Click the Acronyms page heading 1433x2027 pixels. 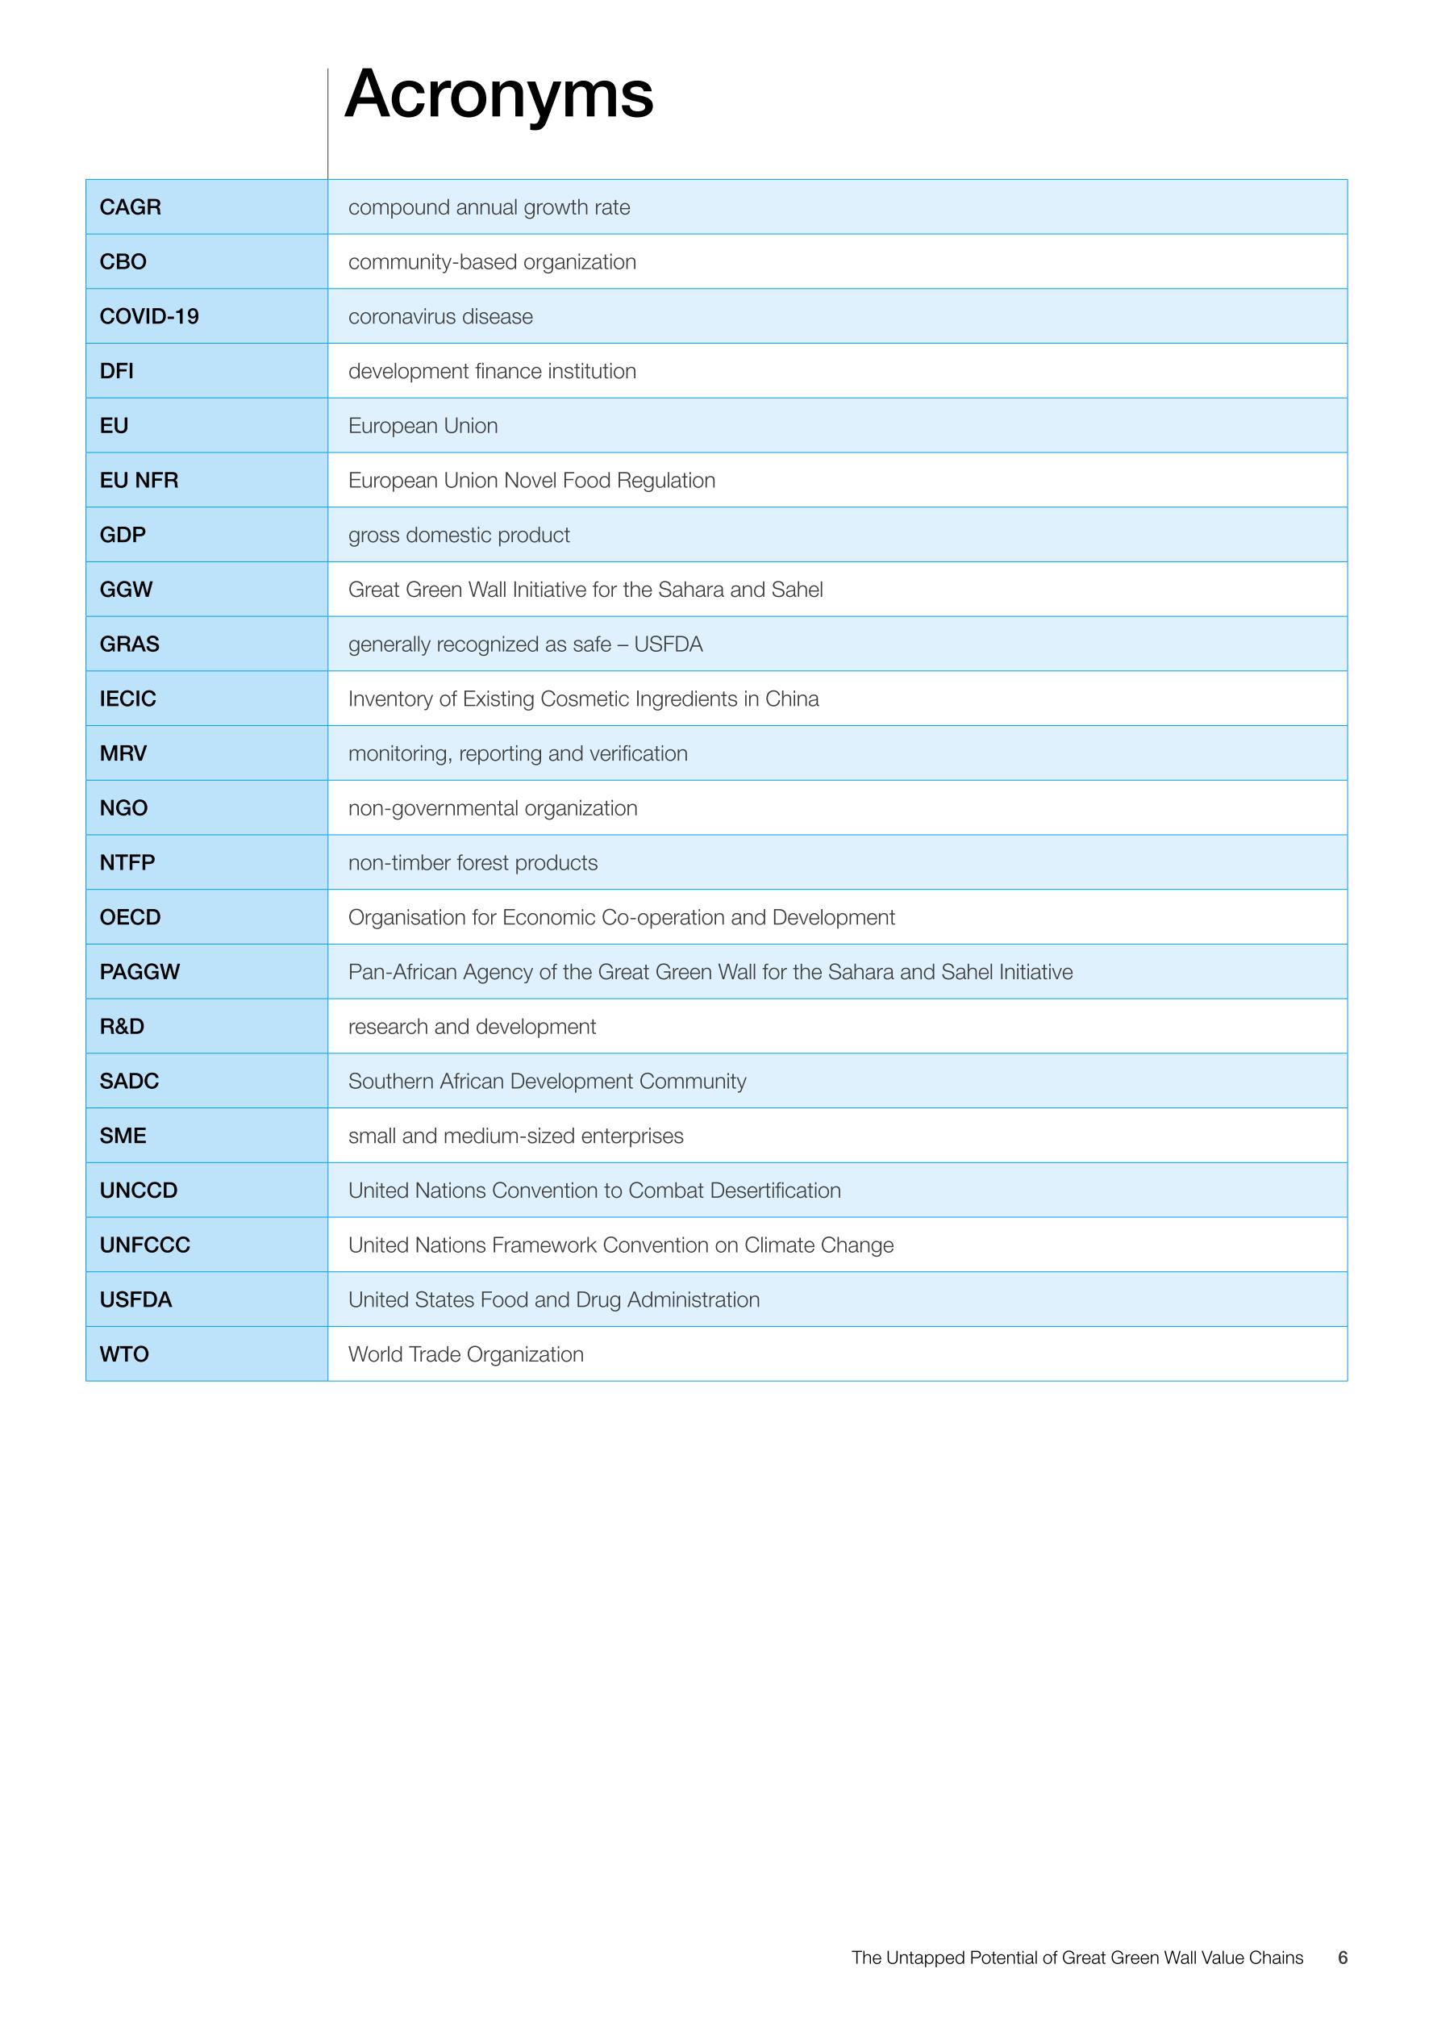tap(498, 94)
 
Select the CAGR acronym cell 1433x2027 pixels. tap(130, 207)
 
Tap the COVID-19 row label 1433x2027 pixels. tap(149, 316)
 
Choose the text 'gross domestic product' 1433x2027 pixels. tap(459, 535)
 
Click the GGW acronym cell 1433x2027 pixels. tap(126, 590)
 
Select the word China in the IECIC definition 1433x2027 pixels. tap(792, 699)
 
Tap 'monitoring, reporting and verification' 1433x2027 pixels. tap(517, 754)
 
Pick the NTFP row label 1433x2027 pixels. tap(127, 862)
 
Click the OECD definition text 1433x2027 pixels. tap(621, 917)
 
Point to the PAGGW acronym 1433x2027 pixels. tap(140, 972)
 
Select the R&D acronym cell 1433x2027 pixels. tap(122, 1027)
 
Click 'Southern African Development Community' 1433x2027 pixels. tap(547, 1082)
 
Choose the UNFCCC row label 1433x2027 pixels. tap(144, 1245)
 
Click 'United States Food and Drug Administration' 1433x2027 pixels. tap(553, 1299)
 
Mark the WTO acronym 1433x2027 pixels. tap(124, 1354)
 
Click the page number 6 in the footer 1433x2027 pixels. tap(1342, 1958)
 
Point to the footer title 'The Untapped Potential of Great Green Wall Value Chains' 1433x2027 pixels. tap(1077, 1958)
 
